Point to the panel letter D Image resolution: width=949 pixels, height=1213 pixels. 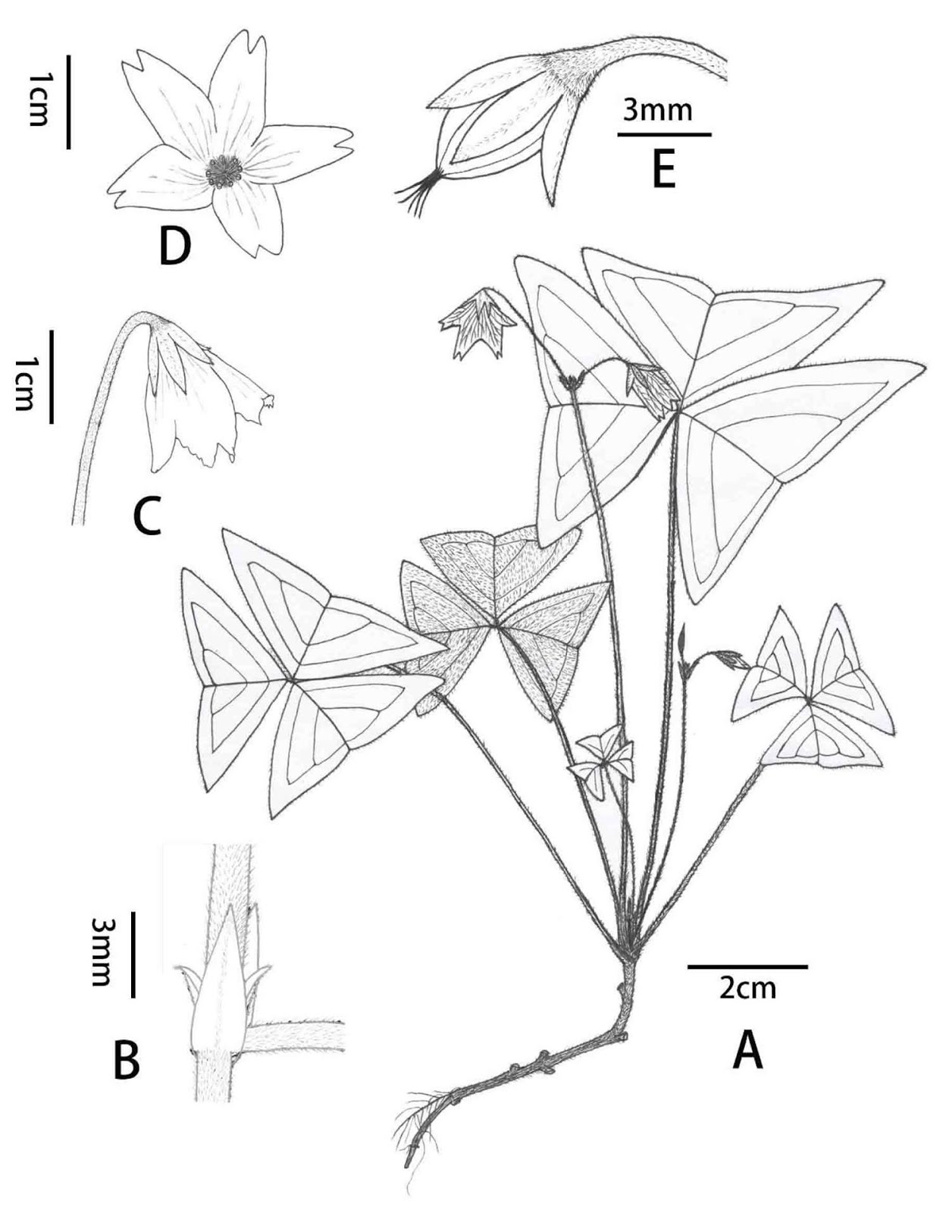tap(174, 247)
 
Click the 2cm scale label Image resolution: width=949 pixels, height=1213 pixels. tap(747, 989)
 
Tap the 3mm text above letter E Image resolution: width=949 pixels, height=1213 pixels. tap(657, 111)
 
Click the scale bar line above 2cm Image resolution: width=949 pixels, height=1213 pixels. tap(747, 967)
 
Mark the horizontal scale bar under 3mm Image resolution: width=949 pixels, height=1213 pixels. tap(664, 134)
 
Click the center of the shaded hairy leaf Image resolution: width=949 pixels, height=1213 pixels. tap(496, 623)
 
